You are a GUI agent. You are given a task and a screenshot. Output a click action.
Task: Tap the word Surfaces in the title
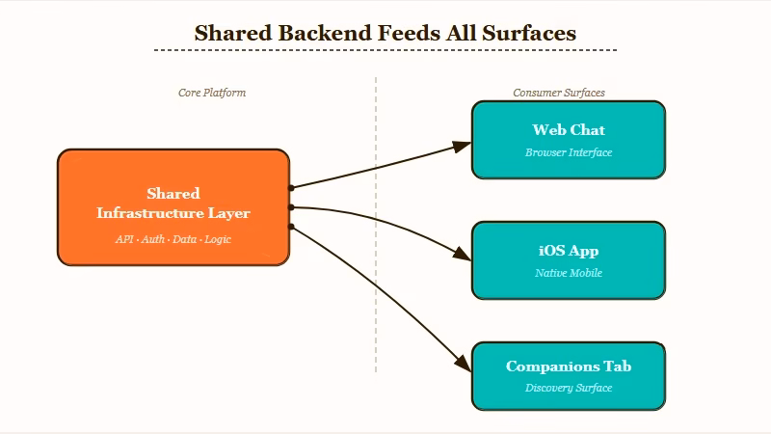(528, 33)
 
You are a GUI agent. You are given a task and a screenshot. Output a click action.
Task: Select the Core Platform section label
(212, 93)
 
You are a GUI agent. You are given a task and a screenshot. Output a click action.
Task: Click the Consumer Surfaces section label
(559, 93)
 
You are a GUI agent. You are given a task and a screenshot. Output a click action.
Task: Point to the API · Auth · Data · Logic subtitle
(173, 238)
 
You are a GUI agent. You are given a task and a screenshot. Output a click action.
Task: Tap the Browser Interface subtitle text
(569, 152)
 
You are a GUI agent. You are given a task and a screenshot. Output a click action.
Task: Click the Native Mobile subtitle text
(569, 273)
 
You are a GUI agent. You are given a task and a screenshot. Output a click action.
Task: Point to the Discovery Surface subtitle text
(569, 388)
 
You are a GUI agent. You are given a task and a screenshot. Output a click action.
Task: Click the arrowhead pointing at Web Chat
(462, 146)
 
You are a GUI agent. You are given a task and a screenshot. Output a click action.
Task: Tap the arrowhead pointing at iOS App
(462, 256)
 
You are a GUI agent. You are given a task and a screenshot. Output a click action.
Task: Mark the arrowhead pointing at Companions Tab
(462, 369)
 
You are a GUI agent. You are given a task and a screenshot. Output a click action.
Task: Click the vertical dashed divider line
(376, 289)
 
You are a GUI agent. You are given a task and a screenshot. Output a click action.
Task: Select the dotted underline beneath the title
(385, 50)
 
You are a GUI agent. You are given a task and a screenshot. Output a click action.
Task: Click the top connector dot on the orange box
(291, 187)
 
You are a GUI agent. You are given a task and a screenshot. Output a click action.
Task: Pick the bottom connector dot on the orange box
(291, 227)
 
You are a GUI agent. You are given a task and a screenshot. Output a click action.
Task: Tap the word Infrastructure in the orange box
(149, 213)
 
